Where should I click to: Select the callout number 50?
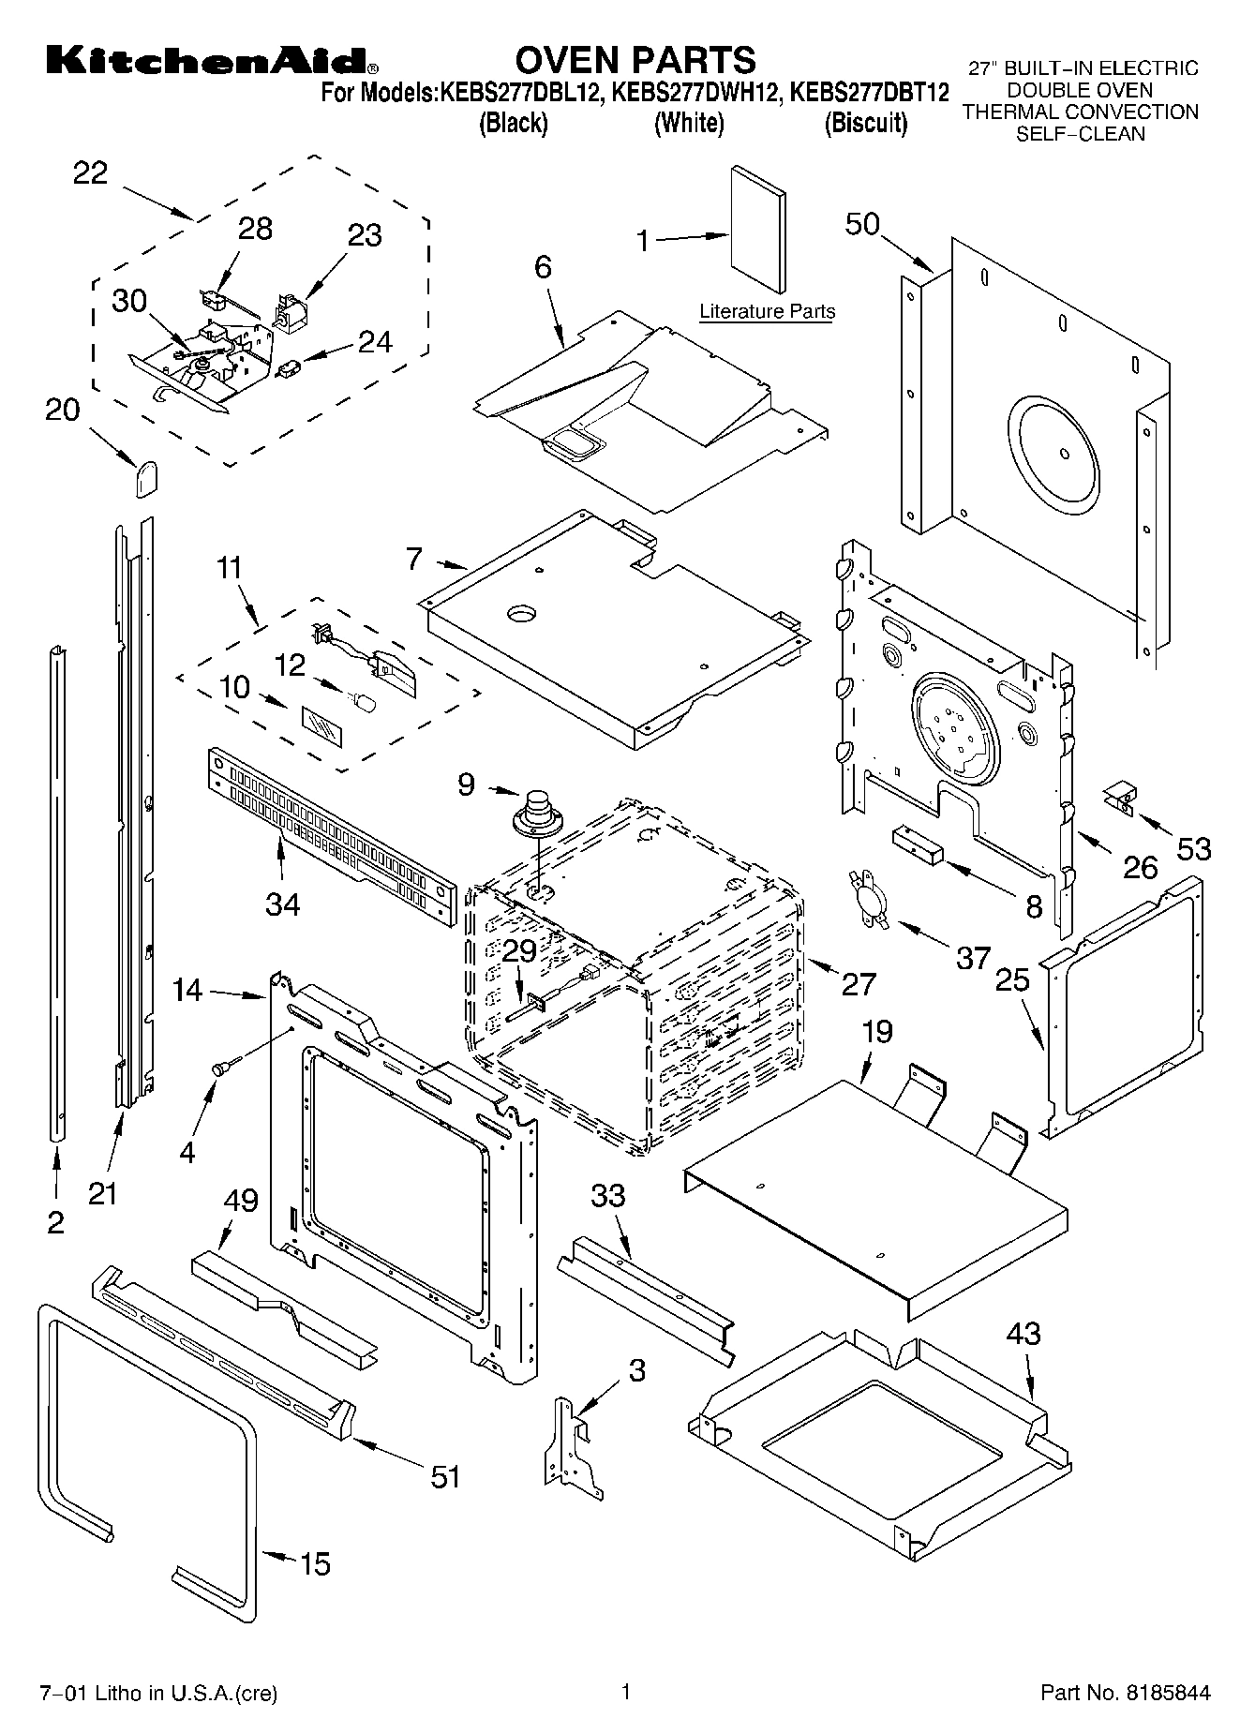tap(862, 224)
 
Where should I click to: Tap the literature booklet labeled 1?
tap(758, 231)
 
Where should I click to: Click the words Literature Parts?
tap(767, 311)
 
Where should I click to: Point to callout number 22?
tap(90, 173)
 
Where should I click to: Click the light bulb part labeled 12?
tap(363, 698)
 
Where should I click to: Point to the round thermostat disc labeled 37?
tap(869, 900)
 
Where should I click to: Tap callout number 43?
tap(1023, 1332)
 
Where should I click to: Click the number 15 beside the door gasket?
tap(315, 1563)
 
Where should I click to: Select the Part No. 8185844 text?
tap(1126, 1693)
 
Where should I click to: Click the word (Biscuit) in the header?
tap(865, 123)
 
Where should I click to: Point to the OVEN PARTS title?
tap(635, 59)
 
